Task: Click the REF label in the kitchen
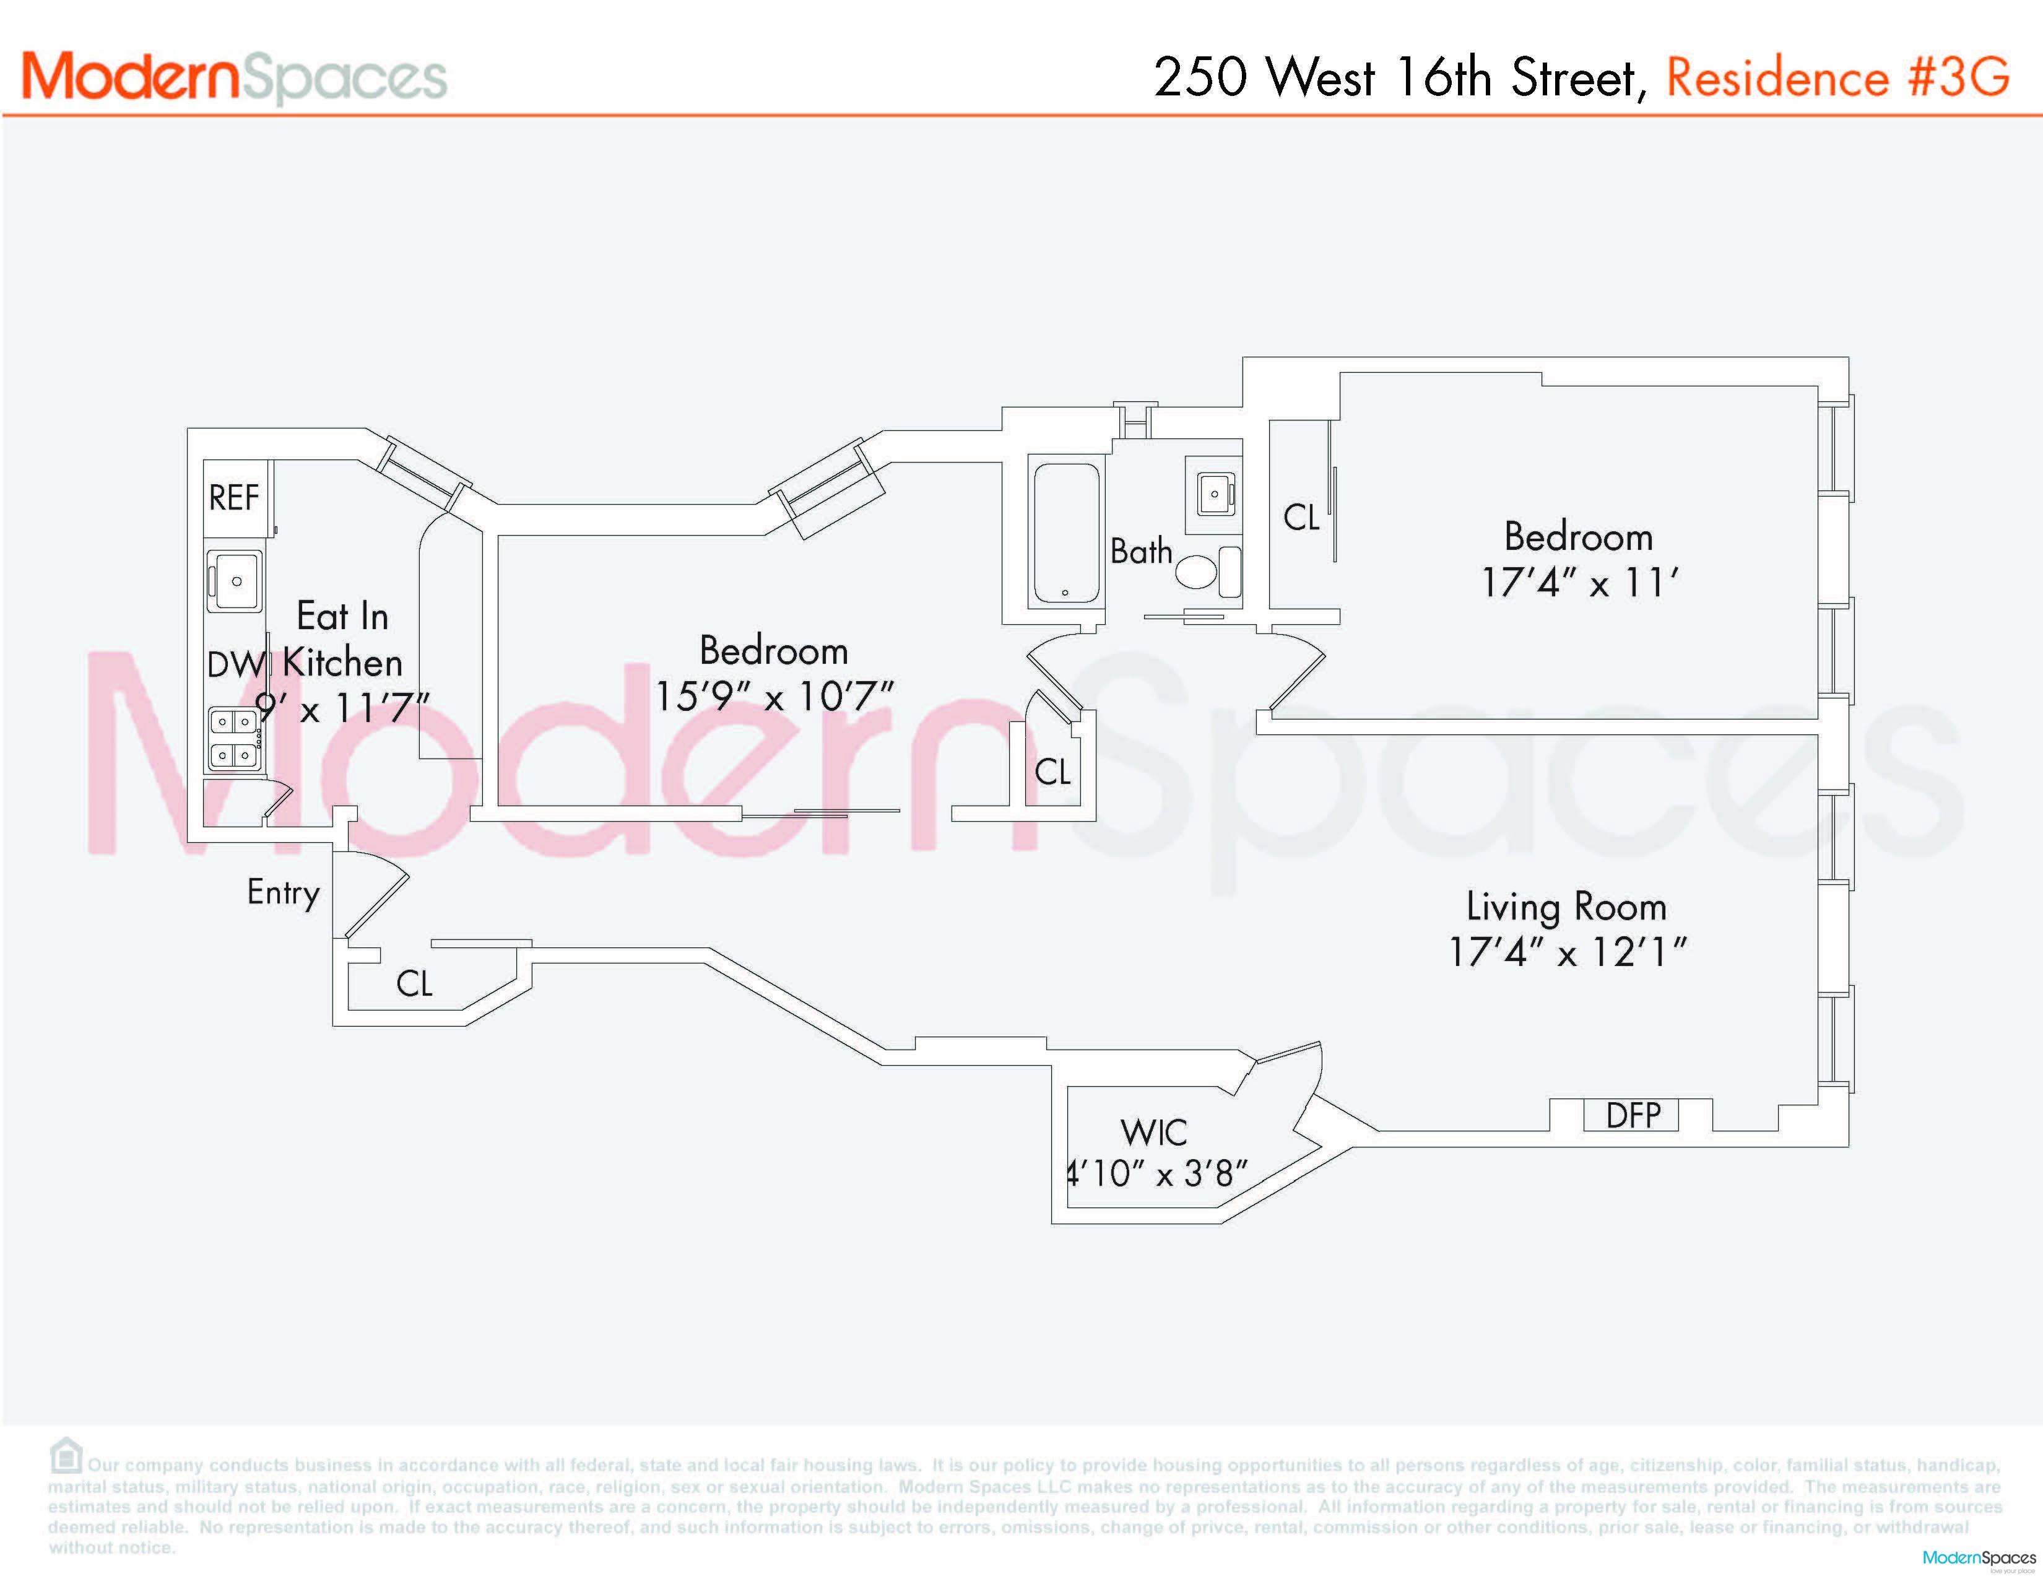coord(234,498)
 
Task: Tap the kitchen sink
coord(235,581)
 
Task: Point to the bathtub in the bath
coord(1065,531)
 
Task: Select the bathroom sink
coord(1214,493)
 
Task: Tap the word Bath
coord(1141,551)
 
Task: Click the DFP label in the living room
coord(1633,1115)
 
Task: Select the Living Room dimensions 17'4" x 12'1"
coord(1567,952)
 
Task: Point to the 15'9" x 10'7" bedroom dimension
coord(774,696)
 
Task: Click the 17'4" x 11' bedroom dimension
coord(1579,583)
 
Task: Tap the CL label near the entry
coord(414,983)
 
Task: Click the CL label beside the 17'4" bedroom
coord(1301,517)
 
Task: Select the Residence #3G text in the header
coord(1837,77)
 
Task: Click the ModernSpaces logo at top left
coord(234,77)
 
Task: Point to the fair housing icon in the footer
coord(66,1456)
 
